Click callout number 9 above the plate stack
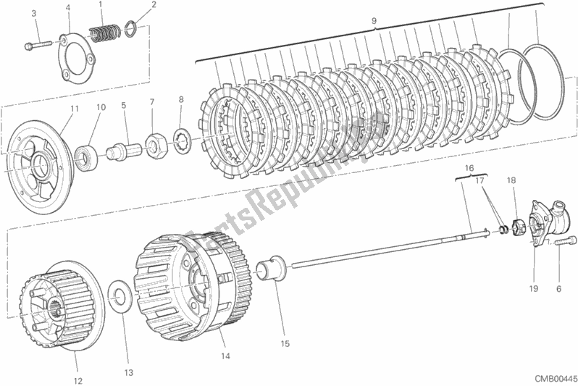374,21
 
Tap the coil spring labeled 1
104,33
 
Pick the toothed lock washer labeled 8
181,140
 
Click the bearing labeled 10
86,156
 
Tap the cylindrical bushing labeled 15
274,267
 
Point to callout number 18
511,180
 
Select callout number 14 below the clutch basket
225,356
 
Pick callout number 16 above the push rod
469,168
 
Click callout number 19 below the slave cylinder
533,289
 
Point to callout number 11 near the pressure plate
75,109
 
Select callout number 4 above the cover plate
68,7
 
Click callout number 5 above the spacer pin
123,106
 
